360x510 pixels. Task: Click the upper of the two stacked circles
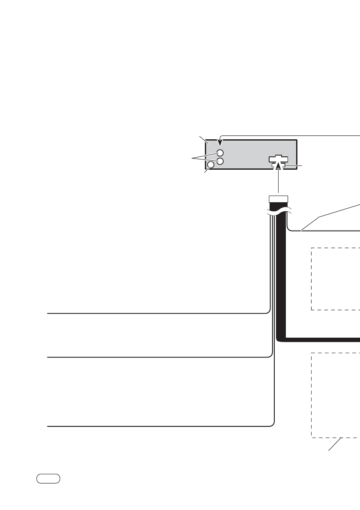pyautogui.click(x=220, y=153)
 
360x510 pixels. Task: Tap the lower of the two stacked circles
pyautogui.click(x=220, y=161)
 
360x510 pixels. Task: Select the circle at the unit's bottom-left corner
pyautogui.click(x=211, y=165)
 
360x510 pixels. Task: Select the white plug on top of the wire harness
pyautogui.click(x=278, y=199)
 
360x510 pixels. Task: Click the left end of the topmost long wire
pyautogui.click(x=48, y=313)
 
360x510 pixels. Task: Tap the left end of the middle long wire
pyautogui.click(x=48, y=357)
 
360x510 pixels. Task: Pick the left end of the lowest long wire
pyautogui.click(x=48, y=426)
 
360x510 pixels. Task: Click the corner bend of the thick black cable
pyautogui.click(x=280, y=339)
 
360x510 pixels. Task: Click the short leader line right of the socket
pyautogui.click(x=294, y=166)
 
